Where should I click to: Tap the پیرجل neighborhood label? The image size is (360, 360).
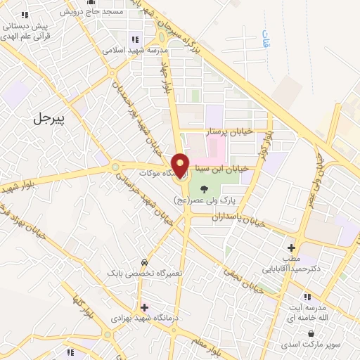[x=49, y=118]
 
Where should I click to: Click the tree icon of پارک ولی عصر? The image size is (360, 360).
[x=204, y=188]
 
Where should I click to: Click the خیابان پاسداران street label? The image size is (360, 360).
[x=239, y=219]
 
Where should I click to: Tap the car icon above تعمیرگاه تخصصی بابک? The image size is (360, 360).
[x=145, y=262]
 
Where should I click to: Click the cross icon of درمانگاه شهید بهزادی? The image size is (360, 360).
[x=145, y=307]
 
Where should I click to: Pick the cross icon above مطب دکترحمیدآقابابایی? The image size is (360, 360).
[x=291, y=247]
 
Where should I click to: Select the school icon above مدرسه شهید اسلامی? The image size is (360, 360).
[x=134, y=39]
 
